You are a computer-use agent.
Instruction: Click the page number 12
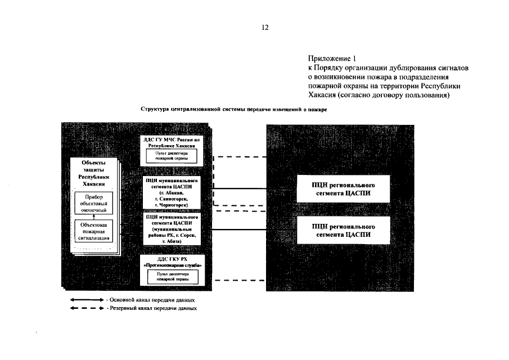[265, 27]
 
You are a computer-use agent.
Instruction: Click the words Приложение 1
[332, 58]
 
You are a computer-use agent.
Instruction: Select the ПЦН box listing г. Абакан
[170, 193]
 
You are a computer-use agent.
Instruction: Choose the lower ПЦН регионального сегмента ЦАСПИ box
[343, 231]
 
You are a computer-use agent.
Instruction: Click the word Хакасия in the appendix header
[325, 95]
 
